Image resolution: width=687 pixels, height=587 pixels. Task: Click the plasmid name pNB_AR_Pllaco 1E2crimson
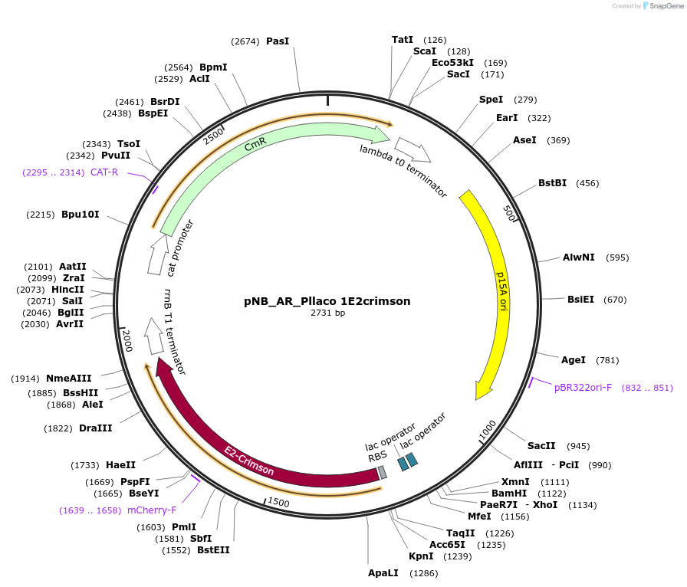pyautogui.click(x=327, y=301)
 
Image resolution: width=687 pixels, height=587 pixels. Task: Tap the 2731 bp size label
pyautogui.click(x=327, y=313)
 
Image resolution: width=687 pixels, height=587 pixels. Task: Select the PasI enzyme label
pyautogui.click(x=278, y=41)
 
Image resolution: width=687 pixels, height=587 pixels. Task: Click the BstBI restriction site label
pyautogui.click(x=552, y=183)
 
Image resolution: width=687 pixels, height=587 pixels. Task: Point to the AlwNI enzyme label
pyautogui.click(x=578, y=257)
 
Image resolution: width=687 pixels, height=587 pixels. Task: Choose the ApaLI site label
pyautogui.click(x=384, y=572)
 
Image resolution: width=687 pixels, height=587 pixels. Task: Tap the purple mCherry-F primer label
pyautogui.click(x=152, y=510)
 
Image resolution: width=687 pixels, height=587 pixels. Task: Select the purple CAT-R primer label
pyautogui.click(x=104, y=172)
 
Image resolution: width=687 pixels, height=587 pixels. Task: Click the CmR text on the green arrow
pyautogui.click(x=255, y=146)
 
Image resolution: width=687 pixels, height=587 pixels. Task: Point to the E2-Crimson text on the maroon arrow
pyautogui.click(x=248, y=460)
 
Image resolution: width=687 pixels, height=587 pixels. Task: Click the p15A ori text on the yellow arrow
pyautogui.click(x=502, y=291)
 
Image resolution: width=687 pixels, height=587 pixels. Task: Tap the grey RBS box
pyautogui.click(x=383, y=473)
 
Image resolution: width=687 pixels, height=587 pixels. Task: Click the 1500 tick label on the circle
pyautogui.click(x=278, y=502)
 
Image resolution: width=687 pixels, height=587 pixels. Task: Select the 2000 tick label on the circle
pyautogui.click(x=128, y=342)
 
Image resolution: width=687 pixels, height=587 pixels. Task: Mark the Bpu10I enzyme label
pyautogui.click(x=81, y=215)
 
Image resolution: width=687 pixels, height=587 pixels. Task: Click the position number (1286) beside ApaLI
pyautogui.click(x=423, y=573)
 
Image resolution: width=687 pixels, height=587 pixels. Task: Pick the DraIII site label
pyautogui.click(x=96, y=428)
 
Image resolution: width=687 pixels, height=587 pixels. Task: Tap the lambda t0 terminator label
pyautogui.click(x=403, y=171)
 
